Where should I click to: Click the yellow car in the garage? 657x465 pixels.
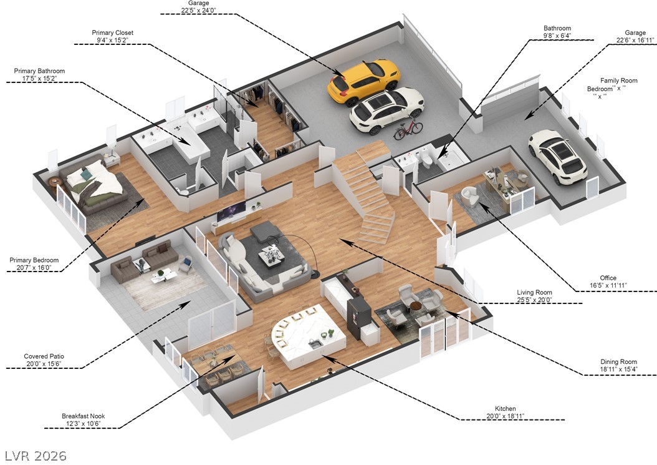coord(363,81)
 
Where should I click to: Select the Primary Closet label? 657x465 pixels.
coord(112,32)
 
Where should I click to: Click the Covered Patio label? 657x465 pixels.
coord(45,356)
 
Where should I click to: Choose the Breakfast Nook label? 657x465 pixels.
coord(81,416)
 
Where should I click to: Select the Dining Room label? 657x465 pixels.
coord(618,361)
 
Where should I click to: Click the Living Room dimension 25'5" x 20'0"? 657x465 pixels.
coord(535,300)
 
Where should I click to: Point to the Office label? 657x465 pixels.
coord(608,278)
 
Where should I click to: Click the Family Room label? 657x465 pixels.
coord(618,81)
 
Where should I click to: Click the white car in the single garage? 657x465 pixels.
coord(557,156)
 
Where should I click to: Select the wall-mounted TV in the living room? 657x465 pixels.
coord(231,212)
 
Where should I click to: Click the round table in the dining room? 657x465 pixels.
coord(416,305)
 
